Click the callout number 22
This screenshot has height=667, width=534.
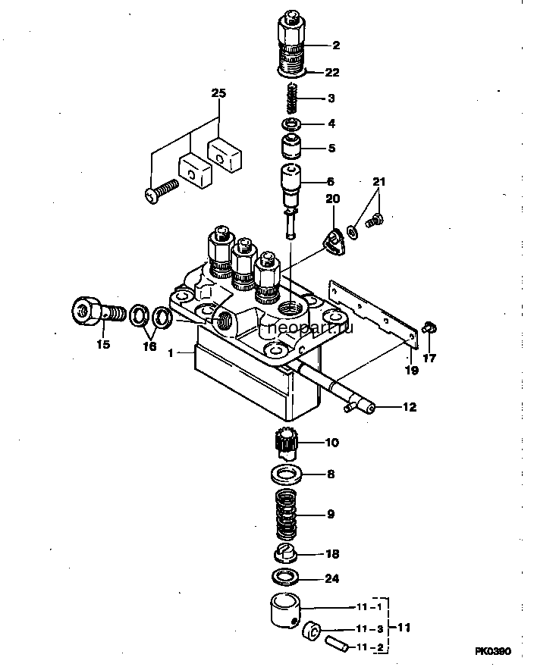pyautogui.click(x=332, y=73)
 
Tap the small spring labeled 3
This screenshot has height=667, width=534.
pyautogui.click(x=292, y=99)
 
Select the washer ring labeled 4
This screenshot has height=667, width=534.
pyautogui.click(x=292, y=124)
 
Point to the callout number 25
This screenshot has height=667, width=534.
pyautogui.click(x=219, y=93)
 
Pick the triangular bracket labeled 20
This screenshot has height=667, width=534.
pyautogui.click(x=334, y=243)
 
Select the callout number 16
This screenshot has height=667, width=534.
pyautogui.click(x=149, y=346)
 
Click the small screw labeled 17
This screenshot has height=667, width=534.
pyautogui.click(x=430, y=328)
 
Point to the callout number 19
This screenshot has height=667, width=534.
pyautogui.click(x=411, y=370)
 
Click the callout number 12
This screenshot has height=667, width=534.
pyautogui.click(x=410, y=407)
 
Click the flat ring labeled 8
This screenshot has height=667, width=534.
pyautogui.click(x=286, y=474)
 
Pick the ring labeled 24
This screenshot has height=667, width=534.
pyautogui.click(x=285, y=578)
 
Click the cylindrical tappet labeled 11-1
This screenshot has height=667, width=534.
pyautogui.click(x=285, y=611)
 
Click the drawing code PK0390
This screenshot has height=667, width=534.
pyautogui.click(x=493, y=651)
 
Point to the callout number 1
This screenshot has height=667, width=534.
pyautogui.click(x=171, y=353)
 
